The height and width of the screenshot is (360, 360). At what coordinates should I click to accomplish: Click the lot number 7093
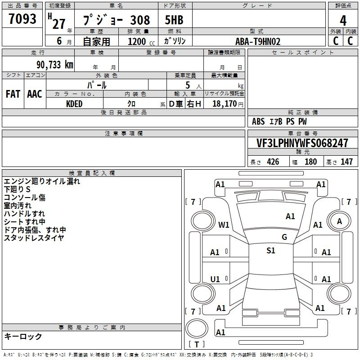(22, 19)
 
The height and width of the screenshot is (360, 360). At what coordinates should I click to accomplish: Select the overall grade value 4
(343, 21)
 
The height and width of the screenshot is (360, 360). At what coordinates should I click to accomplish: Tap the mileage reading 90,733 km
(55, 65)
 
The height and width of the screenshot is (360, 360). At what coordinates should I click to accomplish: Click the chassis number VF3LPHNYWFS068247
(302, 143)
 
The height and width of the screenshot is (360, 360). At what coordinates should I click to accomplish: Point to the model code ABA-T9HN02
(258, 41)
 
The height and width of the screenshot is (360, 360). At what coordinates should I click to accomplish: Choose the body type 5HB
(174, 20)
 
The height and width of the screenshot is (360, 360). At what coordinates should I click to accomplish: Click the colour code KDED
(74, 104)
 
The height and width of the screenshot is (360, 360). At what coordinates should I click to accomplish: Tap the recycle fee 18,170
(225, 104)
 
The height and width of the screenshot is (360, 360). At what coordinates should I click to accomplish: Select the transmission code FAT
(13, 94)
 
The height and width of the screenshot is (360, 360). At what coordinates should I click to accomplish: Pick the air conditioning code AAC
(35, 94)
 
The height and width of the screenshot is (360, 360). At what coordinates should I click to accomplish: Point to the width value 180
(310, 162)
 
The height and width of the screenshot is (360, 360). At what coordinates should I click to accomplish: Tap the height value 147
(346, 162)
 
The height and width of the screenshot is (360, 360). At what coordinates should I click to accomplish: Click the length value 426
(273, 162)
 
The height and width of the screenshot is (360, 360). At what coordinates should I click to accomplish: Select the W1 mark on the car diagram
(224, 225)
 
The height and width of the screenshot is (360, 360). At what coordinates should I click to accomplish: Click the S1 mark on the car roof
(271, 250)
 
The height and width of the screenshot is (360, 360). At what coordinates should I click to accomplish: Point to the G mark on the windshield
(284, 237)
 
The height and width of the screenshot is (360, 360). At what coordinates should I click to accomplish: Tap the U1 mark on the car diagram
(215, 279)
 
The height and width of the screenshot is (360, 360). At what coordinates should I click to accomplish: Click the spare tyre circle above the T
(197, 329)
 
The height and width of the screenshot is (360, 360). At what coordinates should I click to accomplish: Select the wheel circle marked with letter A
(339, 221)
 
